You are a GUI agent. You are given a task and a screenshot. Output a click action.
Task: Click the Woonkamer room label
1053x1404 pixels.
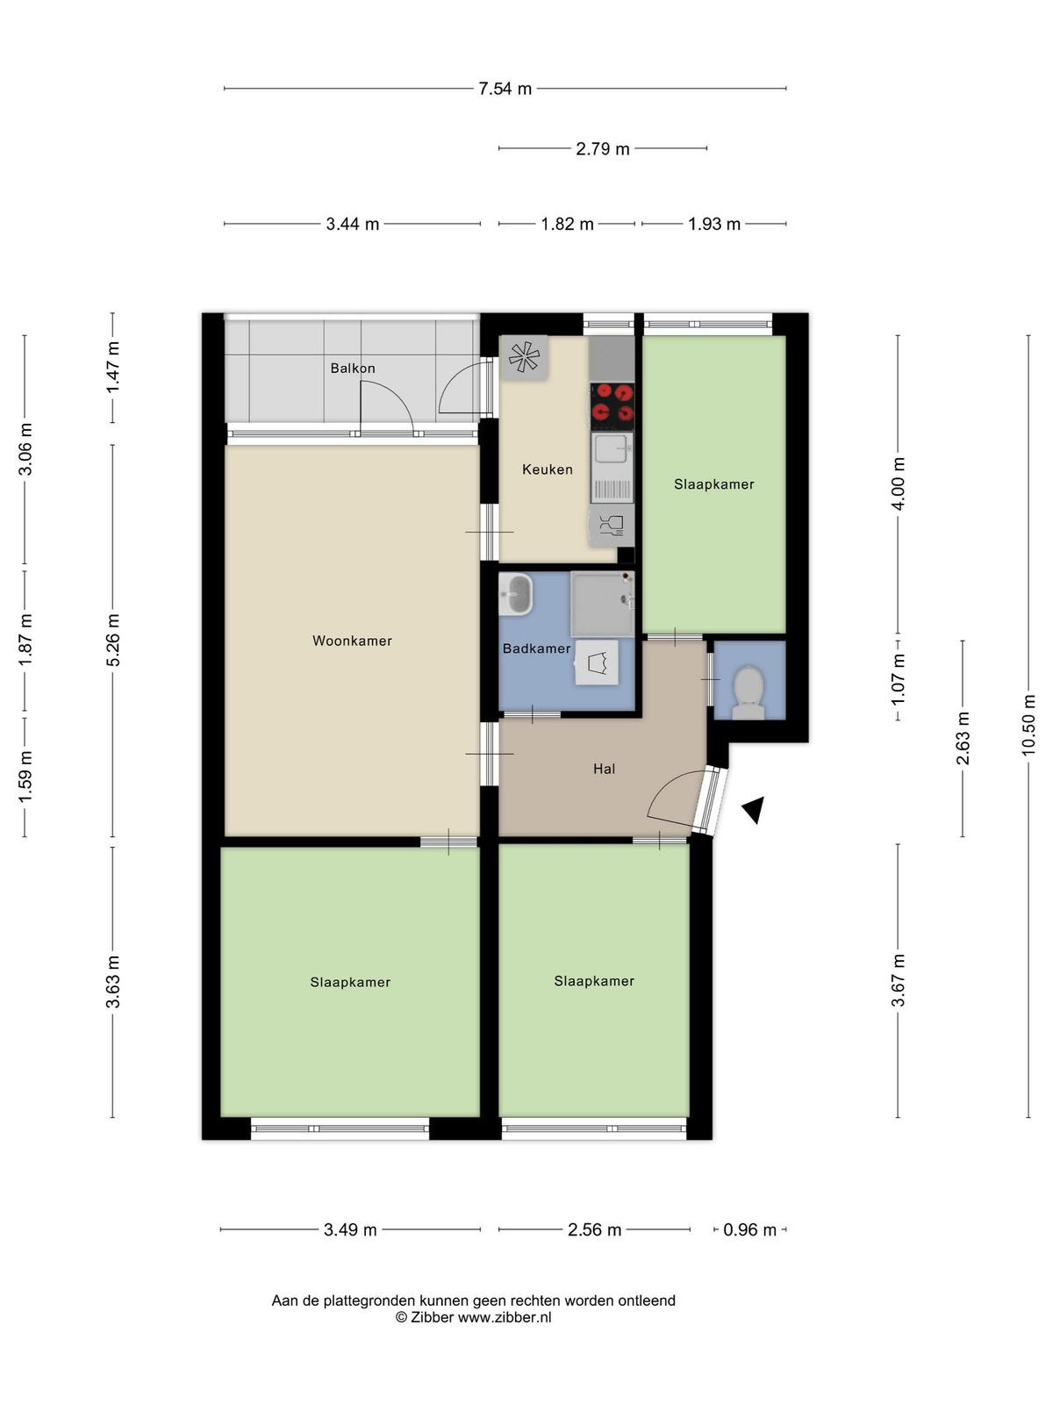click(352, 641)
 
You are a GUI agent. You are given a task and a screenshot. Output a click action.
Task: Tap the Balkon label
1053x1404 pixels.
click(352, 368)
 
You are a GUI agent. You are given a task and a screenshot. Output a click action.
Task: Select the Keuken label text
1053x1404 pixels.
click(548, 469)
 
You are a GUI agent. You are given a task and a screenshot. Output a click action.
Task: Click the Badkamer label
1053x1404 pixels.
click(536, 648)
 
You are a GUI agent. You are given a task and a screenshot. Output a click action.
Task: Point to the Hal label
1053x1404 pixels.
click(604, 768)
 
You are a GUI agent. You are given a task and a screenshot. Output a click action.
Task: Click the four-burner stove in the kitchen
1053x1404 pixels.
click(612, 406)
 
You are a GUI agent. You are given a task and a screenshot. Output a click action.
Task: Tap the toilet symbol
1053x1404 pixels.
click(748, 692)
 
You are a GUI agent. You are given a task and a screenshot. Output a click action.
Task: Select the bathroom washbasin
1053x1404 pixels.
click(515, 593)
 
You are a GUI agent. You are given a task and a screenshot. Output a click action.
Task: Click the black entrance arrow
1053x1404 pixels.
click(753, 810)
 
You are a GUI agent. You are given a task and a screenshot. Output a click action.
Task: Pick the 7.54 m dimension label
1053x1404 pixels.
click(505, 89)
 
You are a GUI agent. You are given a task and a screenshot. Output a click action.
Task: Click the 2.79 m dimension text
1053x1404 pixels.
click(602, 148)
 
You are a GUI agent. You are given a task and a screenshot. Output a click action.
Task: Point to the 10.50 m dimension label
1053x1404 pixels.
click(1028, 725)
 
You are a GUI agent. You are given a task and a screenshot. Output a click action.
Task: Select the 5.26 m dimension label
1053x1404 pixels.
click(112, 640)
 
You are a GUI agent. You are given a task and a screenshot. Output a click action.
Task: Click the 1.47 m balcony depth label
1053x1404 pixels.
click(112, 368)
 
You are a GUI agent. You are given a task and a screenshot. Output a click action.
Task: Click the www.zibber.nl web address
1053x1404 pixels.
click(504, 1317)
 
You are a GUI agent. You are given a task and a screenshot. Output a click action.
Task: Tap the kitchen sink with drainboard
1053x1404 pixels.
click(612, 467)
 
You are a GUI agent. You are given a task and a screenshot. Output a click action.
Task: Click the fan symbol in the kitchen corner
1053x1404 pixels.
click(524, 357)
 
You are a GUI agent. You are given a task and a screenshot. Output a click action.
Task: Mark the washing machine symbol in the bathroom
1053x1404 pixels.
click(597, 663)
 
